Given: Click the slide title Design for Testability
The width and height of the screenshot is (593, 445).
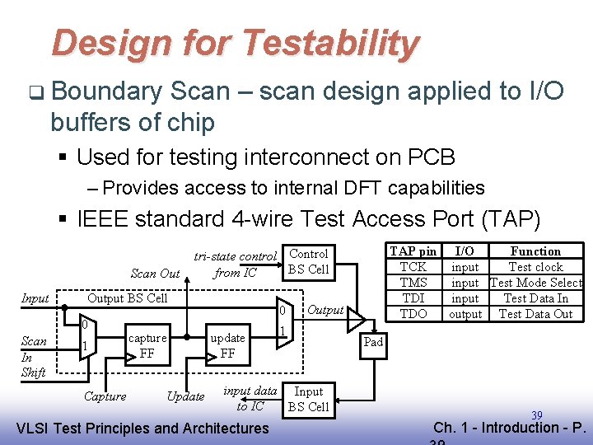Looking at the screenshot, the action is pos(235,43).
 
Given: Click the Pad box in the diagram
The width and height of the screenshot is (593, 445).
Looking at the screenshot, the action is pos(374,342).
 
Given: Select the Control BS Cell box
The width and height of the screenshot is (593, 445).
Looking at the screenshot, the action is pos(309,261).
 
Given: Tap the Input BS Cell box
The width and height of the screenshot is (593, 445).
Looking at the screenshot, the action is pos(309,399).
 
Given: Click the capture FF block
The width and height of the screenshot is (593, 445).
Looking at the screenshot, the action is pos(147,345).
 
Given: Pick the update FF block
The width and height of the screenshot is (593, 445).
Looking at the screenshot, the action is pos(228,345).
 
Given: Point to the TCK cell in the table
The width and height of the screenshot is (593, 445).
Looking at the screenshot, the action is pos(413,267).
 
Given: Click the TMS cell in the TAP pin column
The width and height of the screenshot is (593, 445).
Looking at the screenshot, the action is pos(413,283).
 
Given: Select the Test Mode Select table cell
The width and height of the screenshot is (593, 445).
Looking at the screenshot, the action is pos(535,283).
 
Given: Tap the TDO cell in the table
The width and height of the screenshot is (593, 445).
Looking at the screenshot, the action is pos(413,314).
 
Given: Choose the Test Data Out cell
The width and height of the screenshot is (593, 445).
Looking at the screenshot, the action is pos(535,314).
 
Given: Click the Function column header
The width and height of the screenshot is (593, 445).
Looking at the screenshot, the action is pos(535,251).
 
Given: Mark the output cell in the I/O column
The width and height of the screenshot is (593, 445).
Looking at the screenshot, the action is pos(465,314).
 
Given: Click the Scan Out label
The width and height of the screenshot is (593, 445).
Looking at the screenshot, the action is pos(155,274).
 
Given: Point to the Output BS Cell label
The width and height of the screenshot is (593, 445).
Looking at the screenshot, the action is pos(127,297).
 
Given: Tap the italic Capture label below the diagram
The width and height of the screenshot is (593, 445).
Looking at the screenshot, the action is pos(105,396).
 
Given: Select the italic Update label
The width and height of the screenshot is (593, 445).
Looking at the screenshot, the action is pos(185,396).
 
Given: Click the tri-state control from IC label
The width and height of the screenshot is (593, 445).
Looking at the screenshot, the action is pos(235,265).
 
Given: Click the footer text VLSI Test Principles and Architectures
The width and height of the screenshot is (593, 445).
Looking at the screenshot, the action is pos(142,428).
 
